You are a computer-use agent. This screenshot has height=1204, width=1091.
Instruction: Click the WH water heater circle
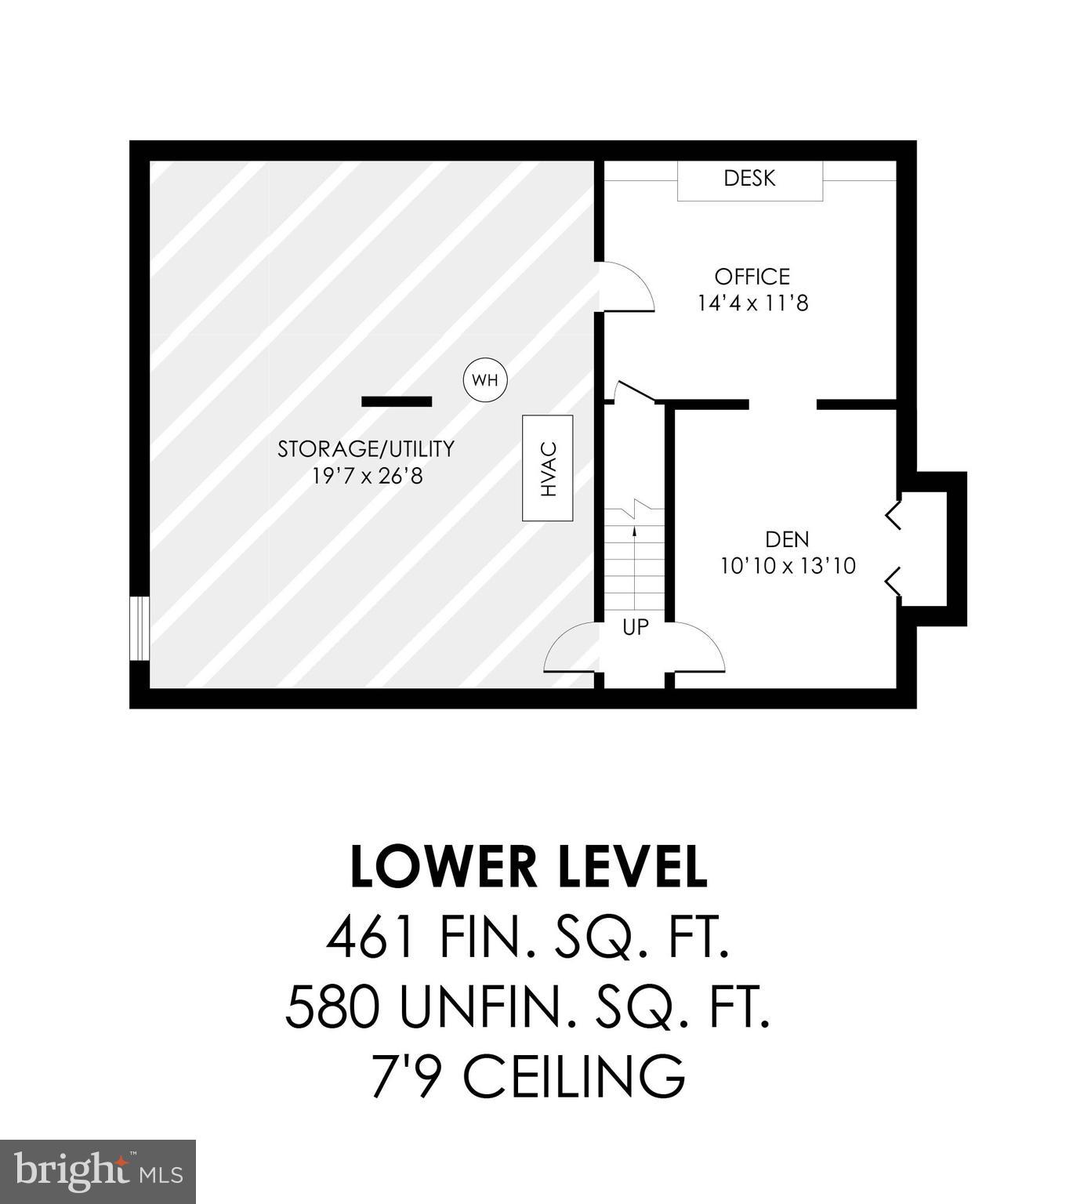[485, 380]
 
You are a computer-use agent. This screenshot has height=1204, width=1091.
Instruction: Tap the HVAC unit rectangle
[547, 468]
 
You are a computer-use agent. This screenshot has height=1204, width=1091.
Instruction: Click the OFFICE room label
[752, 277]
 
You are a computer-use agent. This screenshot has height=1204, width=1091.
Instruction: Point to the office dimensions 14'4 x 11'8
[752, 303]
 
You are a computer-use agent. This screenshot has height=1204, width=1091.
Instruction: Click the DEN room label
[787, 539]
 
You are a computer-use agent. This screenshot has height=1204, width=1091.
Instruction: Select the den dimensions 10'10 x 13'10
[788, 565]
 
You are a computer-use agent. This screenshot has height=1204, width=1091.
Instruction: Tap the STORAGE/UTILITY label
[366, 449]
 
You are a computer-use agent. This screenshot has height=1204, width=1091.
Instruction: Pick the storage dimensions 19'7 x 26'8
[367, 475]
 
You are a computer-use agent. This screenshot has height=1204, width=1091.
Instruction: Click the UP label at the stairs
[635, 627]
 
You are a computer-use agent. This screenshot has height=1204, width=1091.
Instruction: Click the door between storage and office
[625, 288]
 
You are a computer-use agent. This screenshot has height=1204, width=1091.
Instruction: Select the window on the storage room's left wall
[140, 629]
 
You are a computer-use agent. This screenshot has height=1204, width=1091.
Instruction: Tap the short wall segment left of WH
[396, 401]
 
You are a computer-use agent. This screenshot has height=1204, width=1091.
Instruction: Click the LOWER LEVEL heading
[528, 868]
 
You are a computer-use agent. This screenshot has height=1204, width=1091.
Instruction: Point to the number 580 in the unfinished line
[334, 1007]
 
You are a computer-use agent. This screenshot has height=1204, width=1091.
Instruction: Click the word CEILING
[574, 1076]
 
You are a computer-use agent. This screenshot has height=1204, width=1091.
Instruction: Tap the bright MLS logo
[98, 1172]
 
